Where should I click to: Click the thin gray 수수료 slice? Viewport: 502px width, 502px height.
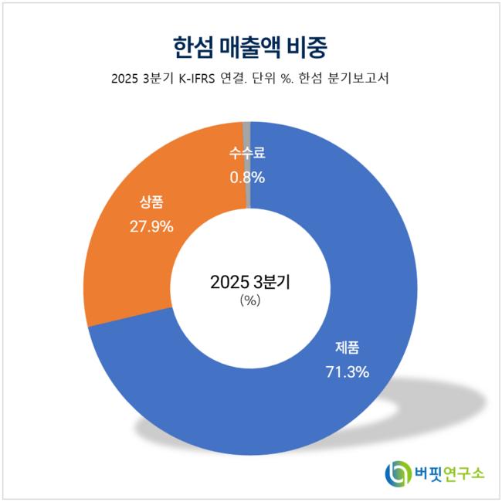coord(247,133)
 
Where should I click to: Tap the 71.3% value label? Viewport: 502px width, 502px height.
coord(345,371)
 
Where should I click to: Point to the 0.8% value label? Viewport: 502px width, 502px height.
coord(246,178)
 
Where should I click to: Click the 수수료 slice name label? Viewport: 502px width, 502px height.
coord(247,153)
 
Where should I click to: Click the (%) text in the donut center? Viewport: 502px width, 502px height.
coord(250,301)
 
